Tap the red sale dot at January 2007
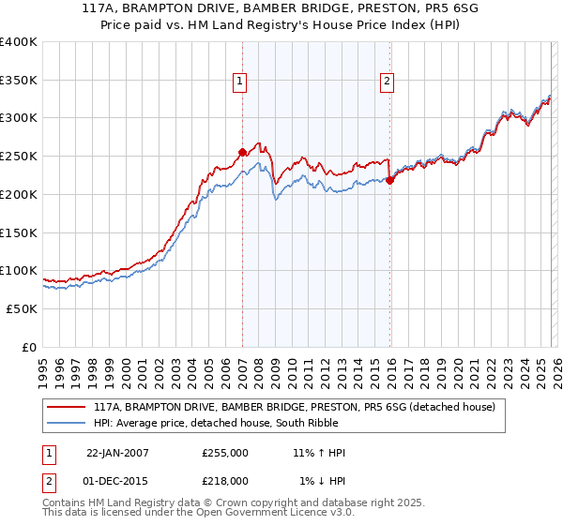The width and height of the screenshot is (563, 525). [x=242, y=152]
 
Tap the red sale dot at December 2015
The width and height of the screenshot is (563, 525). [x=390, y=180]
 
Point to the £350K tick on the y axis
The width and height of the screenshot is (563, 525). [x=19, y=80]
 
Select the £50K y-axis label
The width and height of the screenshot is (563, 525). [x=22, y=308]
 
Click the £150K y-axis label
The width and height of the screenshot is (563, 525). [x=19, y=232]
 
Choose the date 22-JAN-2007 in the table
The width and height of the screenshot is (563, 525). [x=117, y=453]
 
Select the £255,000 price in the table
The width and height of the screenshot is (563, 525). [x=225, y=453]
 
